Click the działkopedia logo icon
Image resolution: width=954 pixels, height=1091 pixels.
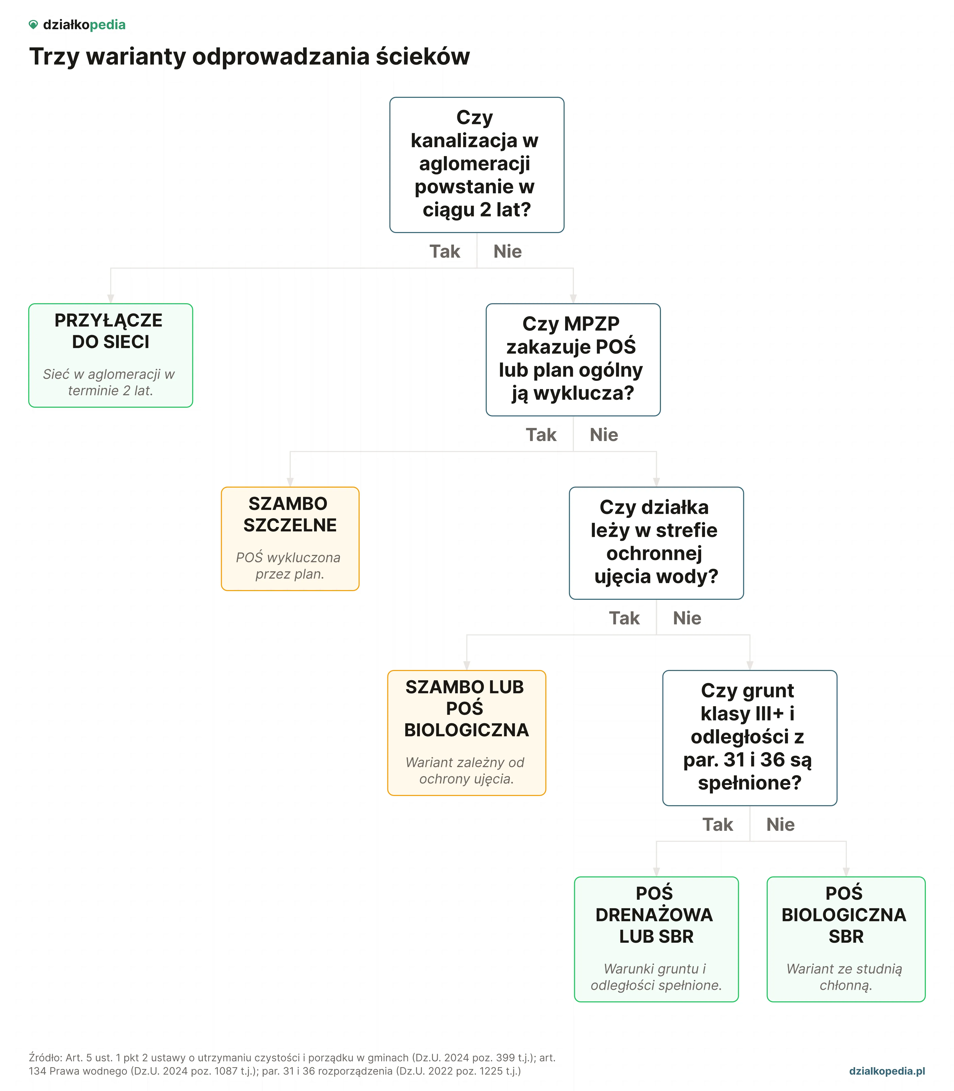click(33, 25)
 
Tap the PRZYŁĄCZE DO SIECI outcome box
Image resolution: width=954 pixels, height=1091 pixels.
click(111, 355)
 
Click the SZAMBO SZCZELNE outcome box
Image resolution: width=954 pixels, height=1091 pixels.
click(290, 539)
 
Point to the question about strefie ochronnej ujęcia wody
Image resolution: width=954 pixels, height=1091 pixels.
click(656, 543)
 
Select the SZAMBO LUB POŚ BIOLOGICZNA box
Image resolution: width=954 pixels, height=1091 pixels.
click(467, 733)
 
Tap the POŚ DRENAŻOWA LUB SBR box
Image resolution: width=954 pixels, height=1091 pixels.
click(656, 939)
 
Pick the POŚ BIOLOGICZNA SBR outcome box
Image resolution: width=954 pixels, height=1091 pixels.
click(846, 939)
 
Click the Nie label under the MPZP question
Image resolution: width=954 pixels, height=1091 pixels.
click(604, 435)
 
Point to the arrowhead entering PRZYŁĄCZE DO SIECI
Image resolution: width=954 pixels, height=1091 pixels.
click(111, 299)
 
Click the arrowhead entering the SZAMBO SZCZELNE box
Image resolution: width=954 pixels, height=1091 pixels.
click(290, 482)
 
